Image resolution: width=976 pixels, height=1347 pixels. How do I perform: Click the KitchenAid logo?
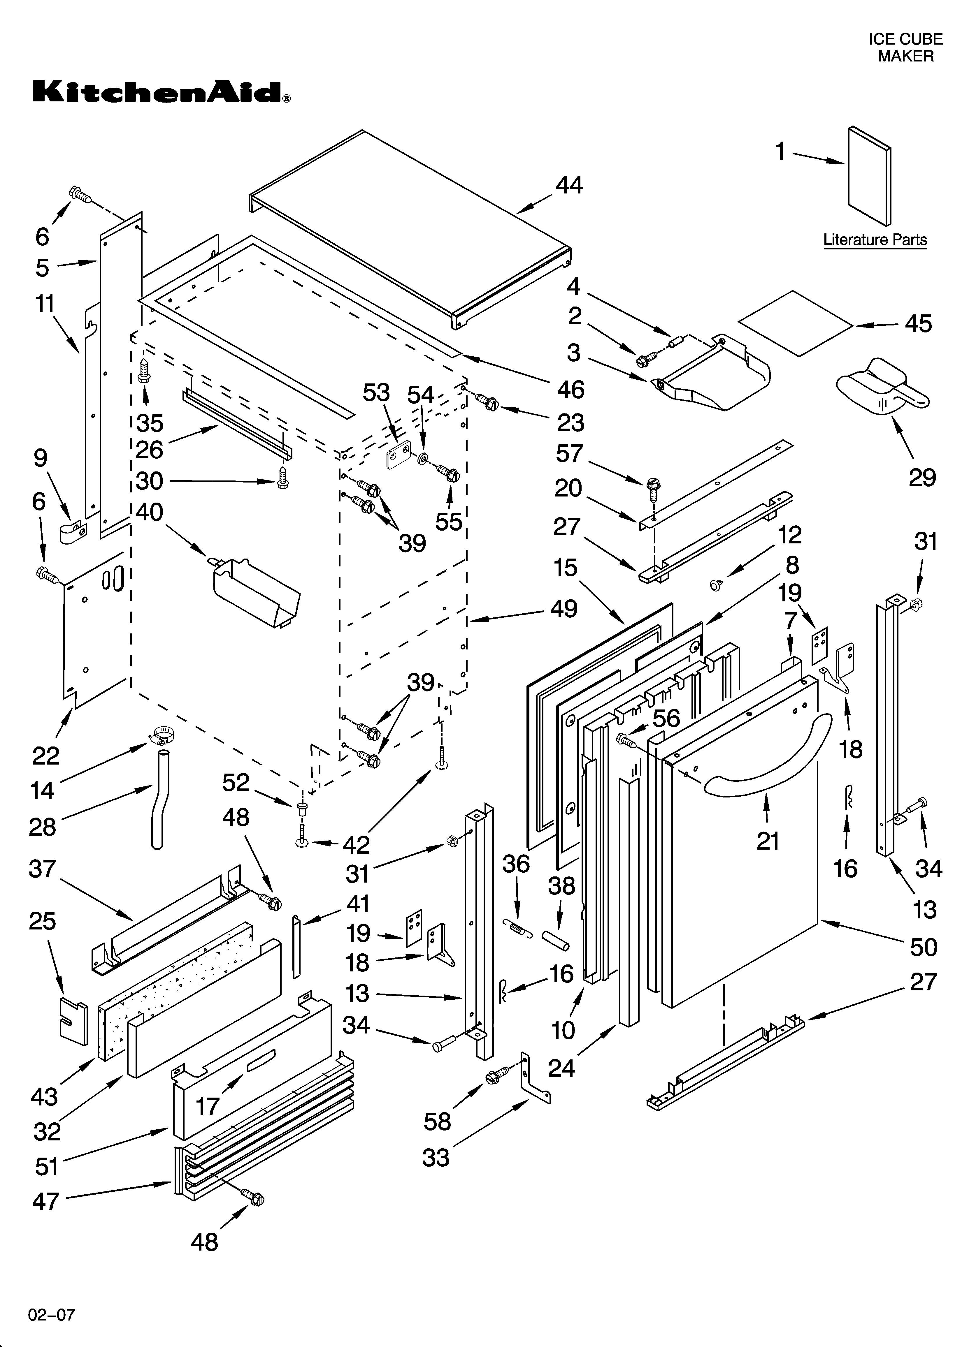coord(161,92)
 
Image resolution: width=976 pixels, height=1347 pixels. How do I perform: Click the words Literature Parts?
coord(875,240)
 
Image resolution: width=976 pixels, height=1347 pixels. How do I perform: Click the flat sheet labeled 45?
coord(796,324)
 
